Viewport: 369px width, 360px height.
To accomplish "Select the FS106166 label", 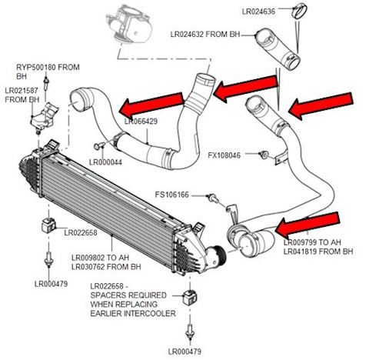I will click(176, 195).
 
